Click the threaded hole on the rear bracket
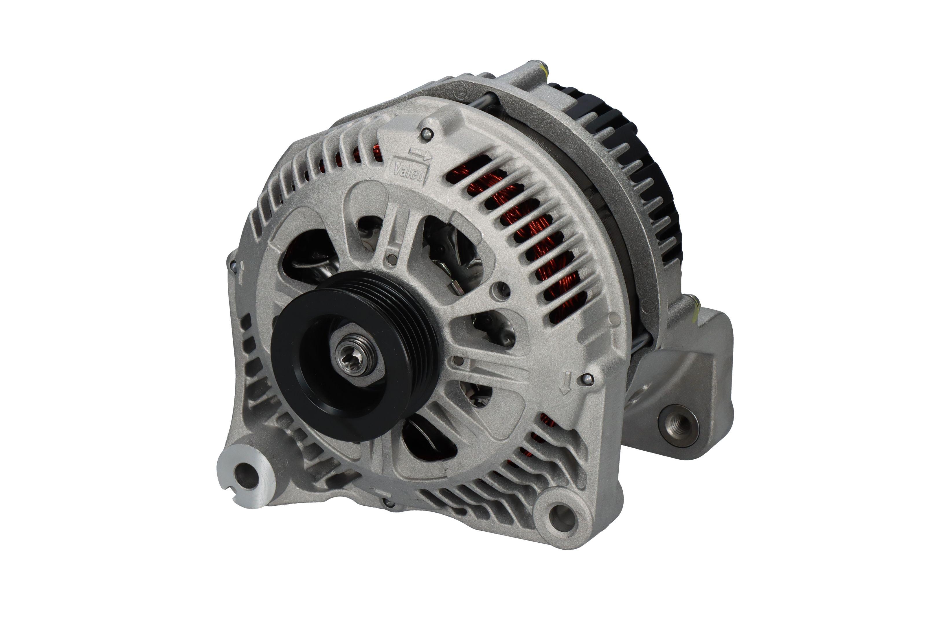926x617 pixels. click(679, 426)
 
